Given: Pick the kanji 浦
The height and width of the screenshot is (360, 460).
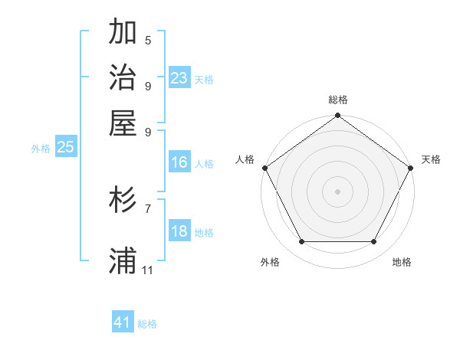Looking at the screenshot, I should click(x=123, y=260).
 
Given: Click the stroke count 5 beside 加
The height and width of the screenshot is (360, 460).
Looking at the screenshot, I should click(x=148, y=41).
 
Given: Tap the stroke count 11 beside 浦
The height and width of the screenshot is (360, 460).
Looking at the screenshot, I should click(x=148, y=270).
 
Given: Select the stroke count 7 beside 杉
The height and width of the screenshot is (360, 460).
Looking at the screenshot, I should click(x=148, y=208).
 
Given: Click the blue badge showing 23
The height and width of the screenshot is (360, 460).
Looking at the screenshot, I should click(x=179, y=77).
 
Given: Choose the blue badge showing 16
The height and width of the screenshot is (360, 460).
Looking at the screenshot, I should click(x=179, y=162).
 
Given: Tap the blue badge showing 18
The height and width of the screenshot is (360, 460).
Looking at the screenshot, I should click(x=179, y=232).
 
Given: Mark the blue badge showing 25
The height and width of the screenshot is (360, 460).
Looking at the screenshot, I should click(x=65, y=147).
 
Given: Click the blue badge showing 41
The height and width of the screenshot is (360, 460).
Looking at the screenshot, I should click(x=123, y=322).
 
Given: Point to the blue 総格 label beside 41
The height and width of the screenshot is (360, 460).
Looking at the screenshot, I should click(x=147, y=324).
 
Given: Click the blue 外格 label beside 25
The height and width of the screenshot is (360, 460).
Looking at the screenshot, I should click(x=41, y=149).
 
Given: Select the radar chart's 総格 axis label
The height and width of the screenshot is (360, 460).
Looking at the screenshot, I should click(x=337, y=100).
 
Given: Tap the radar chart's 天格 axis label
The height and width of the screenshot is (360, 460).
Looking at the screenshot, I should click(x=431, y=159).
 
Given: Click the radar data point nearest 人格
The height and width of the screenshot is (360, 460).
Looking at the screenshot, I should click(x=264, y=168).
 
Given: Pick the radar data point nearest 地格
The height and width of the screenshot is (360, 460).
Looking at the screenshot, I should click(x=373, y=242).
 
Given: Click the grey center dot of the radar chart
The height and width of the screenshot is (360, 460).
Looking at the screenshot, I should click(x=337, y=191).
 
